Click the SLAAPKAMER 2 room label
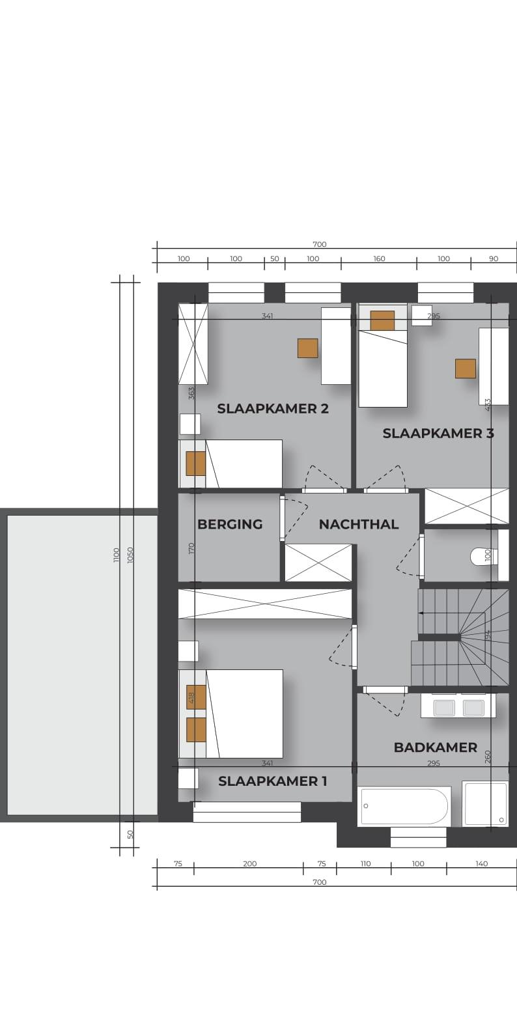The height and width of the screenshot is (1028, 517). (273, 408)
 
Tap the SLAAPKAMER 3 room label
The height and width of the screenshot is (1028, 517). (438, 433)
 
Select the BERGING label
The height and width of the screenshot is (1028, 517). (230, 524)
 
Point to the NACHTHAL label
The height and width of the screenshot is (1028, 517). (359, 524)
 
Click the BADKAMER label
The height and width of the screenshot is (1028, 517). (435, 747)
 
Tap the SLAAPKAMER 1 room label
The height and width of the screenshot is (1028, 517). (273, 781)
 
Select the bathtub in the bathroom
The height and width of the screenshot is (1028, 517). (404, 806)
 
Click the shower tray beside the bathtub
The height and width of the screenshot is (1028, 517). (485, 803)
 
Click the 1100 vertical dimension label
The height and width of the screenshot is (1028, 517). (116, 555)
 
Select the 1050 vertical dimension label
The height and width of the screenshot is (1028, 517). (130, 555)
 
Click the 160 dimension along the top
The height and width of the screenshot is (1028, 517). (379, 259)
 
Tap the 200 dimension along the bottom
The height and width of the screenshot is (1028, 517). (250, 864)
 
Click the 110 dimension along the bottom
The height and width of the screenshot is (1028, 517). (365, 864)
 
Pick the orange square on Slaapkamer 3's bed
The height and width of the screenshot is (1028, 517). (382, 320)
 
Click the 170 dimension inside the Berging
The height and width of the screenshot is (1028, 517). (192, 548)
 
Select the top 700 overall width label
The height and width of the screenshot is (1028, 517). (320, 245)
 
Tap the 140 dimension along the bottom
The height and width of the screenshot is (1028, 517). (482, 864)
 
